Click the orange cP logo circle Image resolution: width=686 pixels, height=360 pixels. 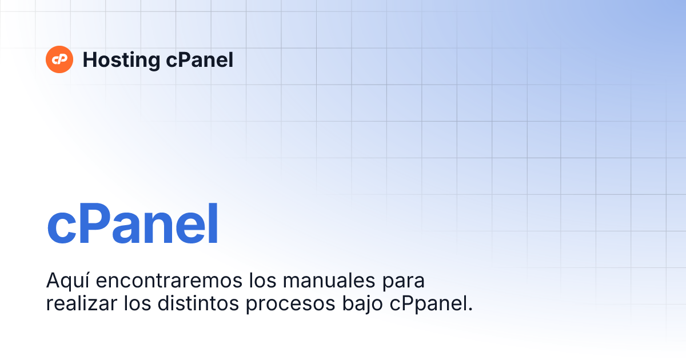point(59,59)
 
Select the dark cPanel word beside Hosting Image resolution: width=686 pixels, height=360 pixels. point(200,60)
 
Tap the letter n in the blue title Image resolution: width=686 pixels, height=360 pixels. point(156,230)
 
